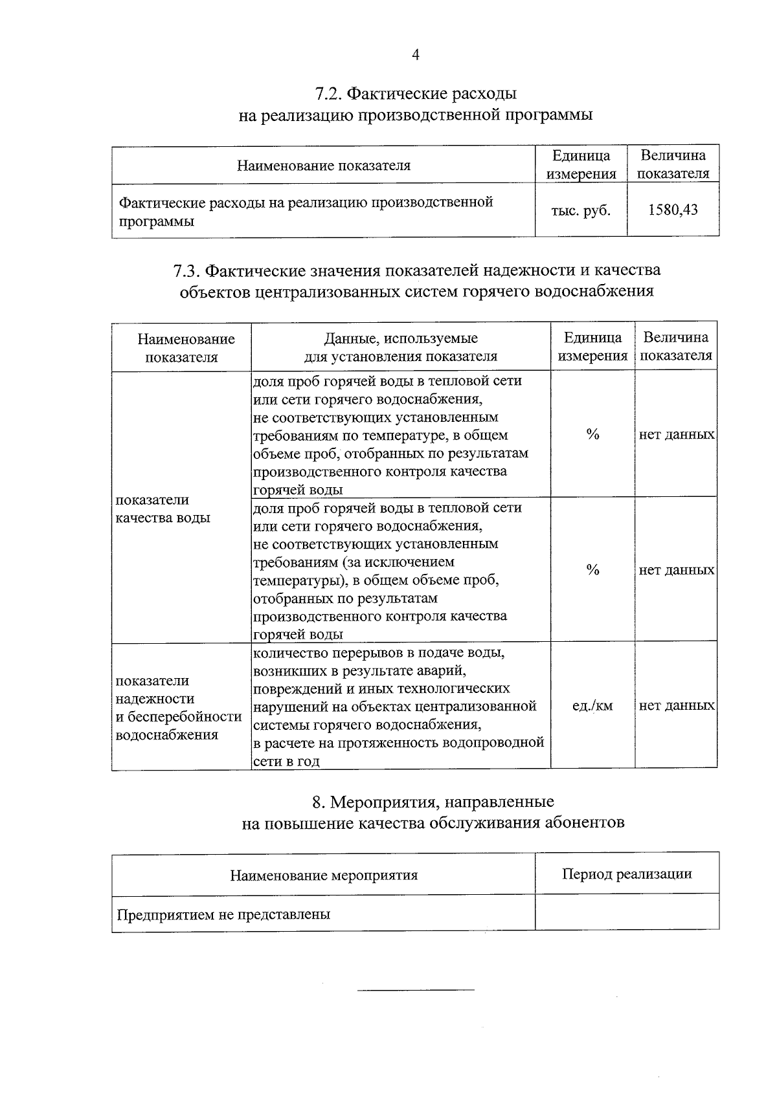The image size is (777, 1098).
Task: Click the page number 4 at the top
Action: (416, 56)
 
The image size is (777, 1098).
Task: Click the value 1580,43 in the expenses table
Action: (673, 210)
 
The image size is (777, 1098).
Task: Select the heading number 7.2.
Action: (328, 94)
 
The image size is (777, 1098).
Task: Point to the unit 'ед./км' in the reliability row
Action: (592, 706)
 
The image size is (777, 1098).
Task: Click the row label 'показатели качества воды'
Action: (163, 509)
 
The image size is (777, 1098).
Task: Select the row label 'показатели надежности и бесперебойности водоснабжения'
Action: (178, 707)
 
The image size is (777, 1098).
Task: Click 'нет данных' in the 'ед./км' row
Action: (677, 706)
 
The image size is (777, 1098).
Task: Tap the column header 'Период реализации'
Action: (626, 874)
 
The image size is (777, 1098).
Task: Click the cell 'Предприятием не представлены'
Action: (223, 914)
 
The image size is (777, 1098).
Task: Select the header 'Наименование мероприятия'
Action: (324, 875)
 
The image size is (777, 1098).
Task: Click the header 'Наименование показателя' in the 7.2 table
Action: (323, 166)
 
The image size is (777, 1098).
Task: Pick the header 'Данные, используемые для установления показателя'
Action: (401, 347)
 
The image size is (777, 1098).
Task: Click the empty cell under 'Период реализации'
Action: (626, 913)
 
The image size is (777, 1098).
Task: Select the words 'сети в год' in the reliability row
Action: (286, 762)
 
